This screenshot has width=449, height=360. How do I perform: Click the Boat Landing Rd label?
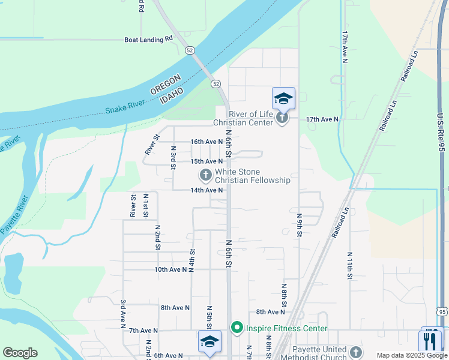[148, 40]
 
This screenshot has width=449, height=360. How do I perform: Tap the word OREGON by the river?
[165, 86]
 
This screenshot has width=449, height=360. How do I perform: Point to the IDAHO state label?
[175, 95]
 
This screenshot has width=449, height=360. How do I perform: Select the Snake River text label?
[125, 107]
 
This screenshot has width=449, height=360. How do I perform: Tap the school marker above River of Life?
[283, 98]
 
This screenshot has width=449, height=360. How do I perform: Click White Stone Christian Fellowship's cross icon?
[205, 175]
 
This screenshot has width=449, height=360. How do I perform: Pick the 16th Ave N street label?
[206, 142]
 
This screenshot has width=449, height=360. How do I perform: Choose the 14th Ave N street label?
[206, 190]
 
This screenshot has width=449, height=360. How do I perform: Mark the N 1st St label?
[145, 205]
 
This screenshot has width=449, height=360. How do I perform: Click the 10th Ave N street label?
[171, 269]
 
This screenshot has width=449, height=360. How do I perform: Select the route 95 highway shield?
[442, 311]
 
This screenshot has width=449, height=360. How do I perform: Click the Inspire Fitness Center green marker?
[237, 328]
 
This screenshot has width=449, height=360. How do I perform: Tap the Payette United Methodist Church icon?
[356, 353]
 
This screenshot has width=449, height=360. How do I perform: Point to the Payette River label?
[13, 214]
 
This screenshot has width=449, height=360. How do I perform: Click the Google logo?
[20, 353]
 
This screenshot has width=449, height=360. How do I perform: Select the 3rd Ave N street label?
[122, 314]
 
